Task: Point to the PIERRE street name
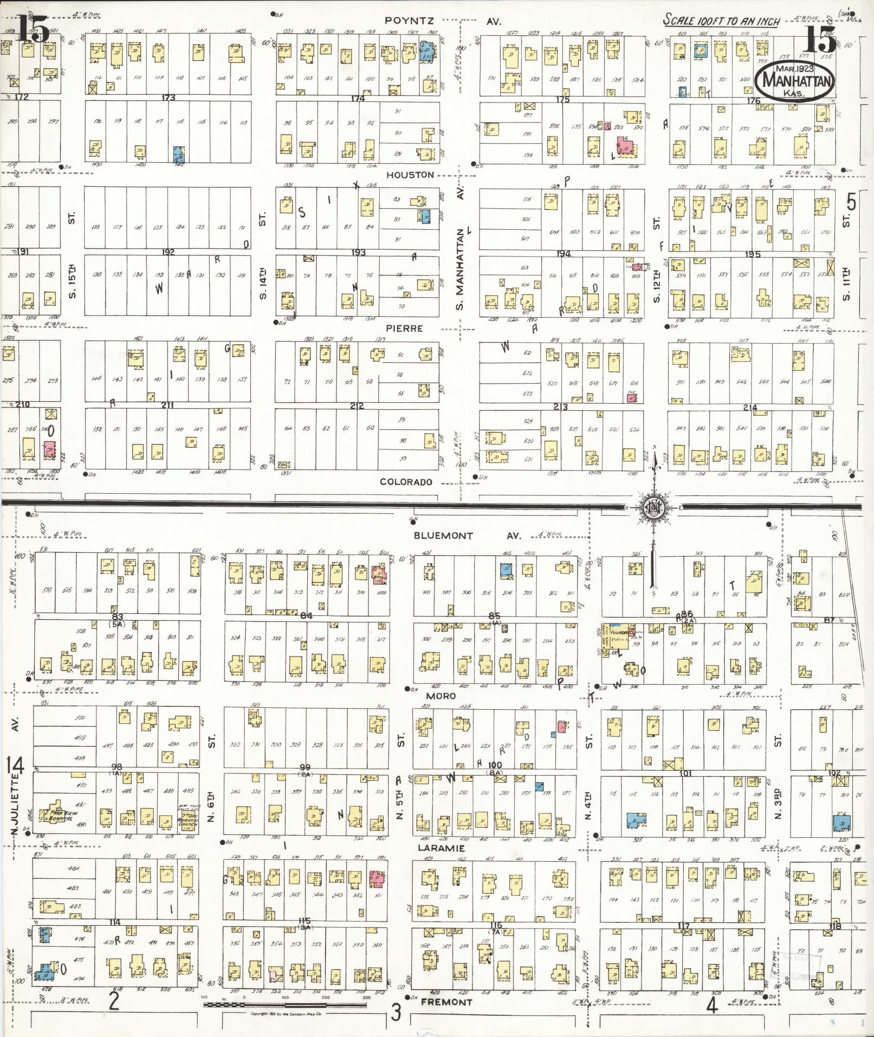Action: pyautogui.click(x=405, y=329)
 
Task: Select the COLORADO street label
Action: pyautogui.click(x=406, y=482)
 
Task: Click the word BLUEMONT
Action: pyautogui.click(x=443, y=536)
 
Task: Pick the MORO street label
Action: pyautogui.click(x=441, y=695)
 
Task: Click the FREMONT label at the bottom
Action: pyautogui.click(x=446, y=1002)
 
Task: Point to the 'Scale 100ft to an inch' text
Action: pyautogui.click(x=721, y=21)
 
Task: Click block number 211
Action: pyautogui.click(x=167, y=405)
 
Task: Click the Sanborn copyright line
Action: pyautogui.click(x=285, y=1013)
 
